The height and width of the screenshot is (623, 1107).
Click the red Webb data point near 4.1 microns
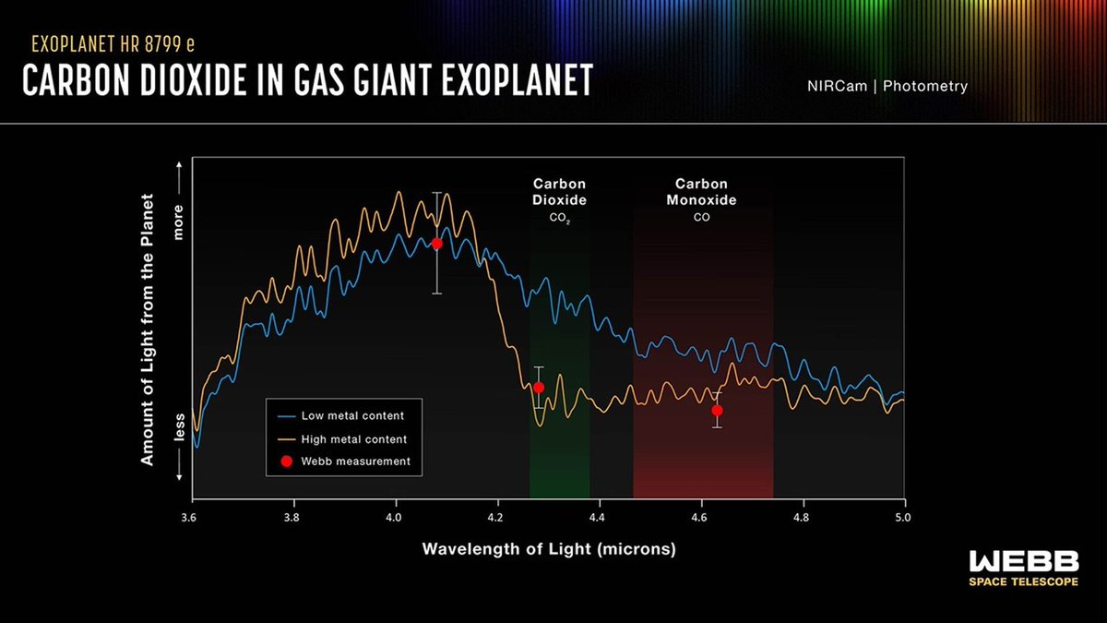tap(437, 244)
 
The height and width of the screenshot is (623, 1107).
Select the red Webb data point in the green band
tap(539, 388)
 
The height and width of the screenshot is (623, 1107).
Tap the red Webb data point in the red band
tap(717, 411)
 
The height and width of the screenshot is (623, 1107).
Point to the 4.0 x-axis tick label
tap(395, 518)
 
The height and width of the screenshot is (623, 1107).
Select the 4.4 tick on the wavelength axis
tap(599, 518)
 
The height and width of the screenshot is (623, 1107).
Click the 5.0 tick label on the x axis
tap(903, 518)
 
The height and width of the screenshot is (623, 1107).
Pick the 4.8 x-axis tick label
tap(802, 518)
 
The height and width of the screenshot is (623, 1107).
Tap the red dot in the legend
tap(286, 461)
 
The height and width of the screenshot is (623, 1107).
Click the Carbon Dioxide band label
tap(560, 192)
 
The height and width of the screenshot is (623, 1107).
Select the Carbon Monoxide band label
tap(702, 192)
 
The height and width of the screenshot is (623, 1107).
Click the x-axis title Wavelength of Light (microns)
tap(549, 549)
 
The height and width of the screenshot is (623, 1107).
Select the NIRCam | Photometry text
tap(886, 87)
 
